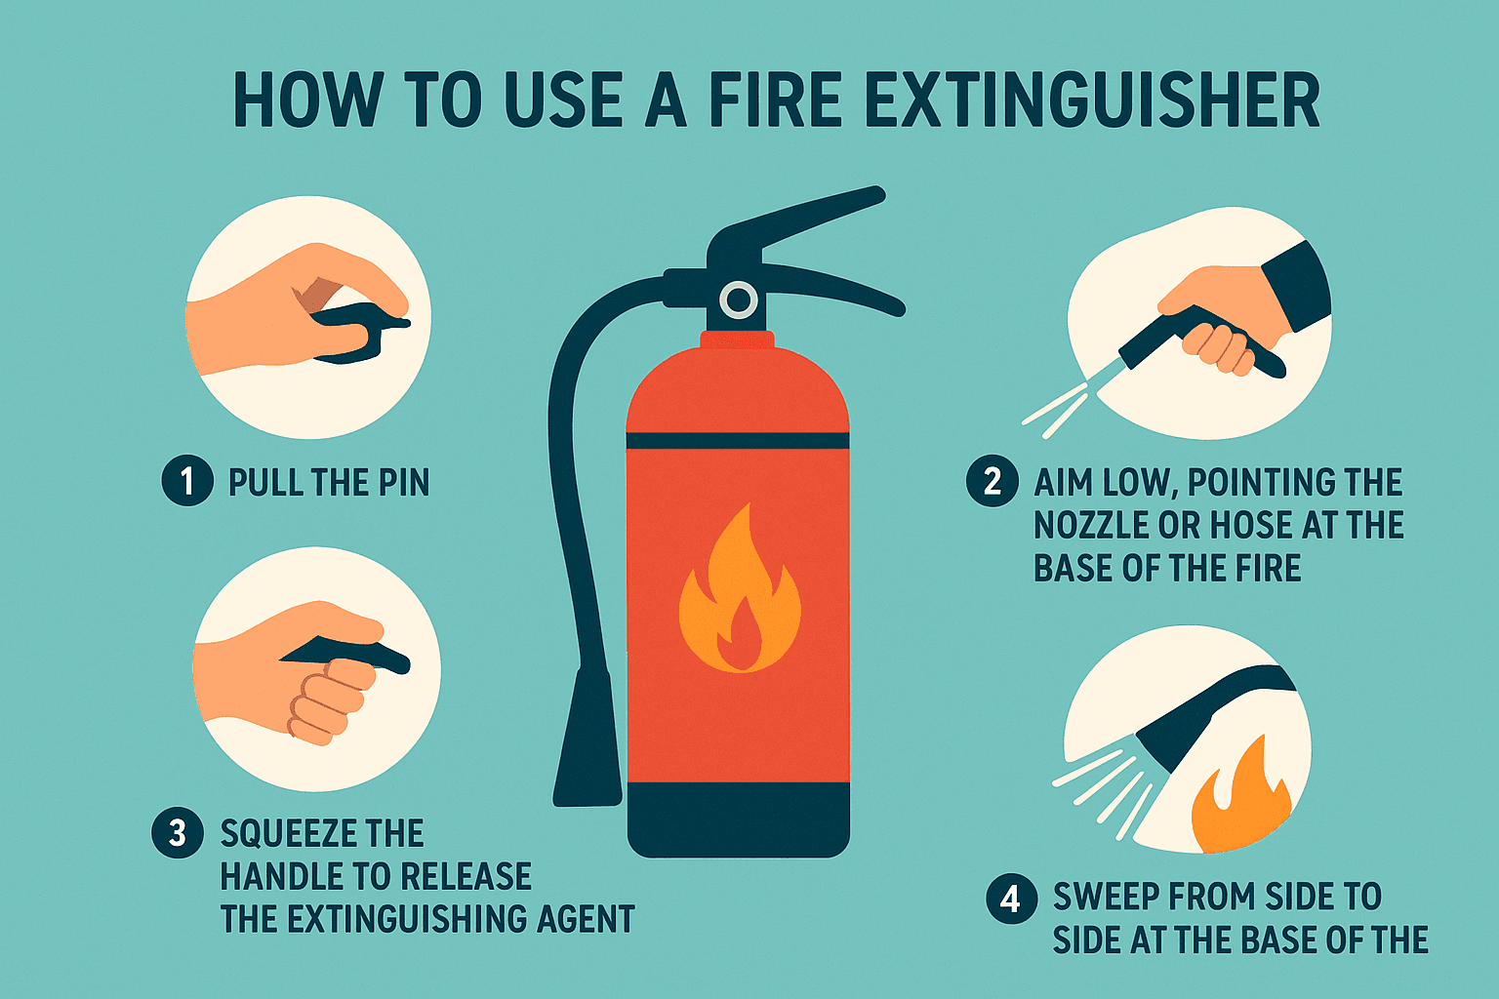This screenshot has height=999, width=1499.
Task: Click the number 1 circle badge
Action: point(186,481)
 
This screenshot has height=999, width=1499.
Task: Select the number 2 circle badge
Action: point(993,481)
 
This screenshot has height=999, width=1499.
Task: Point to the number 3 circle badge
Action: point(178,833)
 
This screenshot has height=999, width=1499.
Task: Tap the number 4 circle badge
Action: point(1011,897)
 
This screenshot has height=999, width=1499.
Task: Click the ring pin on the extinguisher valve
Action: point(739,300)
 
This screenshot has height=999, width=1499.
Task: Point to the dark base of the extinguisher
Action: point(738,819)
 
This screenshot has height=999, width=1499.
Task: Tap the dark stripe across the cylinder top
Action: point(738,441)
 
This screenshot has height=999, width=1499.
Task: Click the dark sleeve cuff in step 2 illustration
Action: point(1296,286)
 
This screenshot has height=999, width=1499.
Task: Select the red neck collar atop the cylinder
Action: point(738,340)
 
